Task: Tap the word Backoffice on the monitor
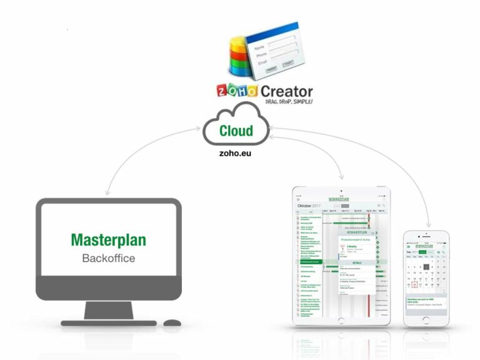pos(109,257)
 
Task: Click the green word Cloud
pos(236,131)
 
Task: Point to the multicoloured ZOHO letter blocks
pos(237,91)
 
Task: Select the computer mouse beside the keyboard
pos(172,322)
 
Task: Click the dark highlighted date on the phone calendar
pos(426,267)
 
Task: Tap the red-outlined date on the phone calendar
pos(415,285)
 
